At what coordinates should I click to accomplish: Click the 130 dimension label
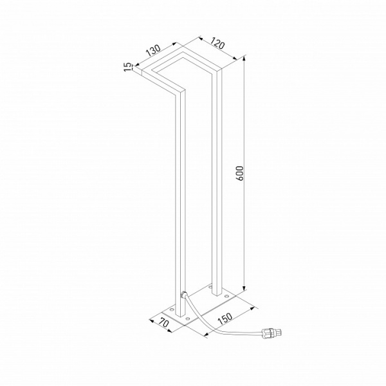point(152,51)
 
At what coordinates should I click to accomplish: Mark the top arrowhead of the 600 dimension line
point(244,59)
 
